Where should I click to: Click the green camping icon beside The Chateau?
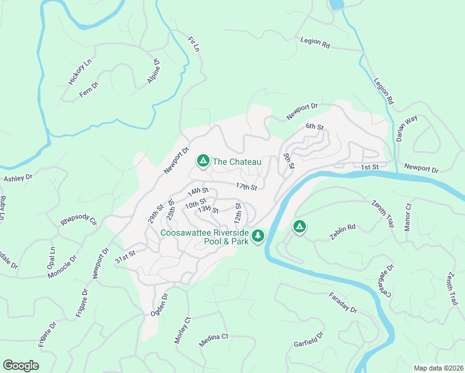tap(203, 162)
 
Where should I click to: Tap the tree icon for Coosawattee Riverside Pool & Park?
tap(258, 236)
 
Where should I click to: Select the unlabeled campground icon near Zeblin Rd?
tap(299, 226)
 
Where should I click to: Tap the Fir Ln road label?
tap(194, 44)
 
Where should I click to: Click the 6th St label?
tap(315, 127)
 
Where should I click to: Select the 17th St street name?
tap(246, 186)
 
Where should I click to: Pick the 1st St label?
tap(370, 167)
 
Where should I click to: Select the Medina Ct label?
tap(214, 339)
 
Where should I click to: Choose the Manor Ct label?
tap(408, 214)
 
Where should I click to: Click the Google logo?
tap(21, 366)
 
